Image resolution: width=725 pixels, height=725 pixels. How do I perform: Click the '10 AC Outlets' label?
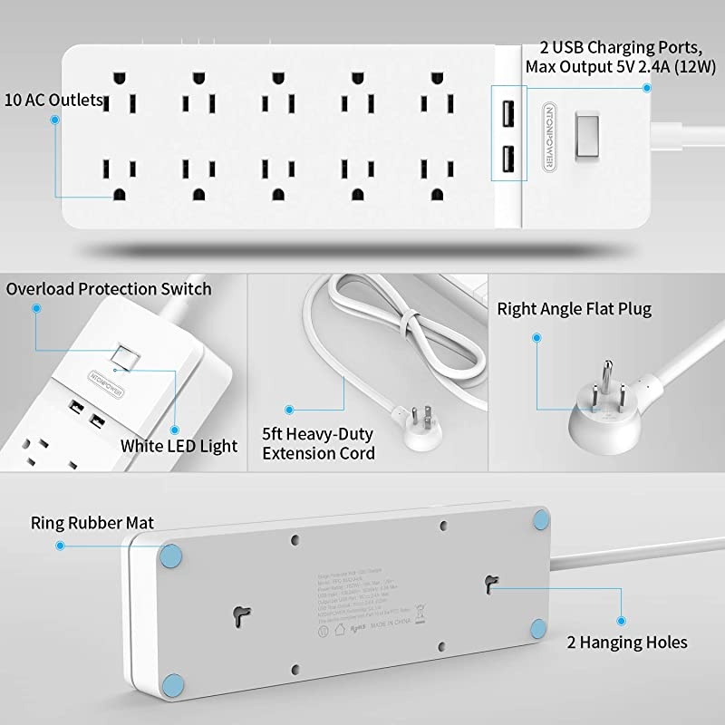(53, 100)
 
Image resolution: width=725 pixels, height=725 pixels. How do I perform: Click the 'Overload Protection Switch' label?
(109, 289)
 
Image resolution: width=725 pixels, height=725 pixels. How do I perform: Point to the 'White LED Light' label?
(179, 445)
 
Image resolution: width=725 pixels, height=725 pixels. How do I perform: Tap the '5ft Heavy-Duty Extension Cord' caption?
(318, 443)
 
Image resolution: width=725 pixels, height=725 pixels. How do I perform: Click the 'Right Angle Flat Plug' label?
(574, 309)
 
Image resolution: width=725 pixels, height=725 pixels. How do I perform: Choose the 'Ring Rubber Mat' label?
(92, 523)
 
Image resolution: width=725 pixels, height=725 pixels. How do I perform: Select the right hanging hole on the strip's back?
(493, 580)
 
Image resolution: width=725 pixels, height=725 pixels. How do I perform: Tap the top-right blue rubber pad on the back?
(541, 519)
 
